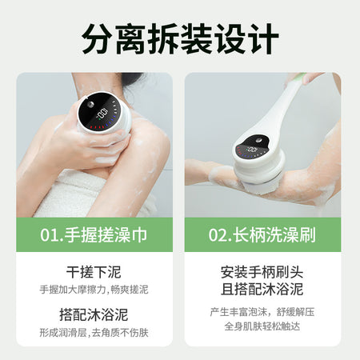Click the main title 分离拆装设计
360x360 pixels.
click(180, 39)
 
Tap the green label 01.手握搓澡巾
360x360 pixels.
click(94, 235)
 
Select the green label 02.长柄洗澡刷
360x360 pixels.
click(262, 235)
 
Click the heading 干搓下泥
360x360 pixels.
click(94, 272)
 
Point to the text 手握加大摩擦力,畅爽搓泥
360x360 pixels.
click(94, 290)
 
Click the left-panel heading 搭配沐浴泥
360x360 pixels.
click(94, 314)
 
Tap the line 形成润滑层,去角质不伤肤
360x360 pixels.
click(94, 333)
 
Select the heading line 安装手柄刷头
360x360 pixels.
click(262, 272)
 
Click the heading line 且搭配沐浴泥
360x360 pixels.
click(262, 289)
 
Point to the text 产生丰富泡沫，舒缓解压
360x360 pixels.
click(262, 312)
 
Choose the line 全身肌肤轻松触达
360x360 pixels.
click(262, 326)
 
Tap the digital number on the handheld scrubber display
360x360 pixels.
click(102, 114)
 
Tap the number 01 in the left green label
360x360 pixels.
click(48, 235)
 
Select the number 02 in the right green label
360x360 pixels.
click(217, 235)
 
